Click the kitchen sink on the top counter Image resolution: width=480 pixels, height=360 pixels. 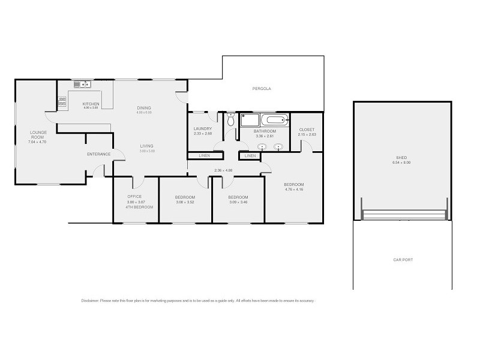[82, 85]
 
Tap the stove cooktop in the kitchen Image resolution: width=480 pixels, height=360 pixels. [62, 102]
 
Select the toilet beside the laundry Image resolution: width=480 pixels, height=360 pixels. [231, 120]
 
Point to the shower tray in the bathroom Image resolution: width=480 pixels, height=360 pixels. [249, 120]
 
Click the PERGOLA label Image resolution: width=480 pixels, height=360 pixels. [262, 88]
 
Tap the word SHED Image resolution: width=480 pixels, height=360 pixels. [401, 158]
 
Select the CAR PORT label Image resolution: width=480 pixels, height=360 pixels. [403, 260]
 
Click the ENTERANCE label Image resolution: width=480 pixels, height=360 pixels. [99, 154]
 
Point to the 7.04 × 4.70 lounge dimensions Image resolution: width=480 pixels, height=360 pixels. [38, 142]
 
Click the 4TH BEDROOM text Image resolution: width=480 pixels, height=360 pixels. [140, 207]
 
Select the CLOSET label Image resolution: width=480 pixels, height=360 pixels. [307, 130]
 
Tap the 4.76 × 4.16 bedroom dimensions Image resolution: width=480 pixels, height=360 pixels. [294, 190]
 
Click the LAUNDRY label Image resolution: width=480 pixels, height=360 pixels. [203, 128]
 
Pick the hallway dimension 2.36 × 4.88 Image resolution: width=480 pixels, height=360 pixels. [223, 170]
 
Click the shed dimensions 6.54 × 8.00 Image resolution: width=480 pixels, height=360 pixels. [401, 163]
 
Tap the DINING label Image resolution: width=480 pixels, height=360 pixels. [144, 108]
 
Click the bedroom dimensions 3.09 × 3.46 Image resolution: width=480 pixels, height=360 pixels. [238, 202]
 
